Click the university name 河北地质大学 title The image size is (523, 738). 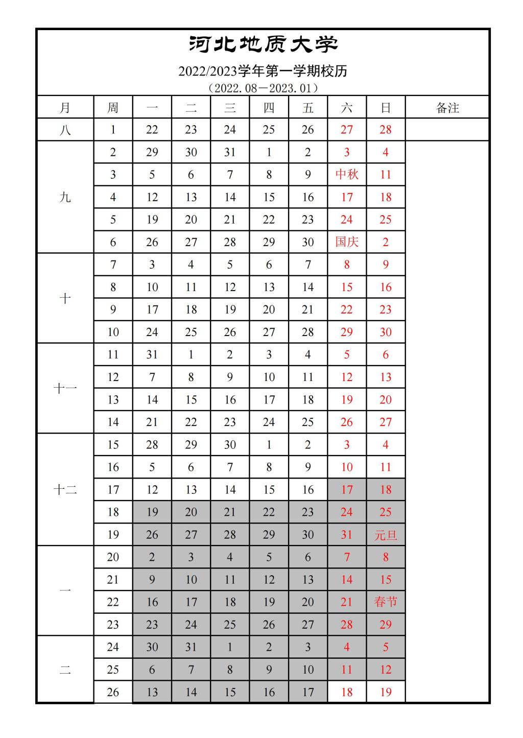pyautogui.click(x=263, y=44)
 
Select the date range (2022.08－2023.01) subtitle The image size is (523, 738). pyautogui.click(x=263, y=88)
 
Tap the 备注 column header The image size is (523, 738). pyautogui.click(x=447, y=108)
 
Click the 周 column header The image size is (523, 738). pyautogui.click(x=113, y=108)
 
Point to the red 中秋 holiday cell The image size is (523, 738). pyautogui.click(x=347, y=175)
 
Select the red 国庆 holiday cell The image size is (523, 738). pyautogui.click(x=347, y=242)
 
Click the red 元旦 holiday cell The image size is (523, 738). pyautogui.click(x=386, y=535)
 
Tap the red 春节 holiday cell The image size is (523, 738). pyautogui.click(x=386, y=602)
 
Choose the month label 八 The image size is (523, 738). pyautogui.click(x=65, y=130)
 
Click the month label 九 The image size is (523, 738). pyautogui.click(x=65, y=197)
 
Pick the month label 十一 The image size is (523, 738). pyautogui.click(x=65, y=389)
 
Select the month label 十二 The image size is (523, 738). pyautogui.click(x=65, y=490)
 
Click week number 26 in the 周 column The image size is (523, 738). pyautogui.click(x=113, y=692)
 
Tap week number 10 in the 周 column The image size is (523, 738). pyautogui.click(x=113, y=332)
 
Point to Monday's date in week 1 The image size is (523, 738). pyautogui.click(x=152, y=130)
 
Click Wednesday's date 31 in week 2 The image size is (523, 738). pyautogui.click(x=230, y=152)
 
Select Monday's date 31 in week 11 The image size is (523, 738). pyautogui.click(x=152, y=354)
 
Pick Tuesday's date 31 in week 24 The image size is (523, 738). pyautogui.click(x=191, y=647)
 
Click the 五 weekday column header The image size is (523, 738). pyautogui.click(x=307, y=108)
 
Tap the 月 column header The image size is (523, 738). pyautogui.click(x=65, y=108)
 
